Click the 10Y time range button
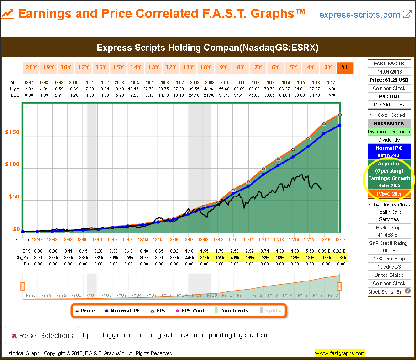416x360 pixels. click(205, 68)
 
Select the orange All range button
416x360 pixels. click(345, 68)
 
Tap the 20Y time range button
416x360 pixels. click(31, 68)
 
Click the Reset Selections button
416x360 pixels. click(42, 335)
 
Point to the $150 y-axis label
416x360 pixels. click(12, 132)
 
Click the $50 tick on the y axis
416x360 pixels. click(14, 196)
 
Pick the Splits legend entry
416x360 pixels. click(270, 311)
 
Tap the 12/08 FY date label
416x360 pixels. click(203, 240)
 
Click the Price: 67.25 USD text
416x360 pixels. click(390, 80)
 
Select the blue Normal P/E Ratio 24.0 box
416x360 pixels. click(390, 152)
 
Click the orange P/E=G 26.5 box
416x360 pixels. click(390, 194)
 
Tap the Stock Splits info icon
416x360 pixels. click(408, 291)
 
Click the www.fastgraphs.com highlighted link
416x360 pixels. click(340, 353)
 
